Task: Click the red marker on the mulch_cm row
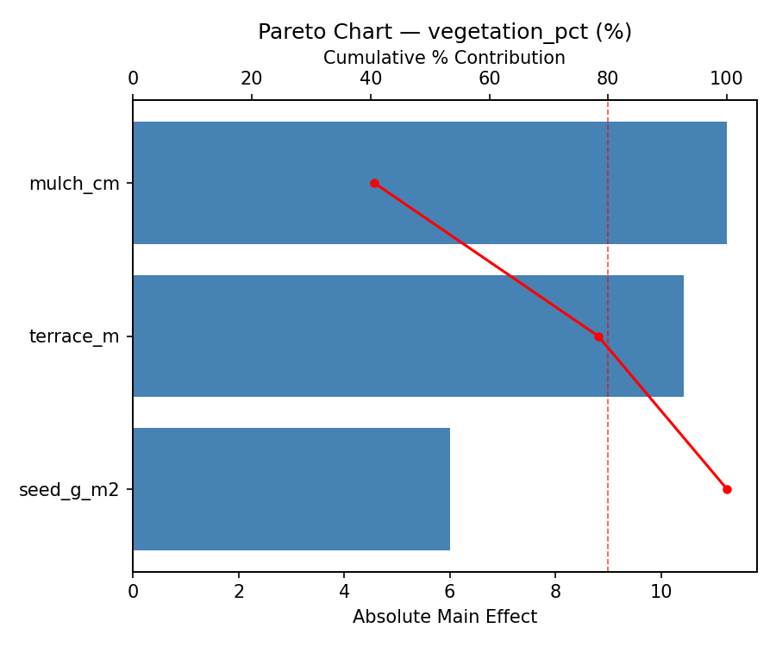pos(374,183)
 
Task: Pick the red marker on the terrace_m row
pos(598,336)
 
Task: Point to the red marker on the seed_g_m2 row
pos(727,489)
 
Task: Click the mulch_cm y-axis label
pos(74,184)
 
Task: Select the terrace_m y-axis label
pos(74,336)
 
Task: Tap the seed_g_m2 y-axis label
pos(69,490)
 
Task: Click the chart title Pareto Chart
pos(445,32)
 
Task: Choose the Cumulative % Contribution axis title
pos(445,58)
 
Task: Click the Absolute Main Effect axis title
pos(445,617)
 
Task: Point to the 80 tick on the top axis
pos(608,79)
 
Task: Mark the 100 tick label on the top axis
pos(727,79)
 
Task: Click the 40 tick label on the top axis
pos(371,79)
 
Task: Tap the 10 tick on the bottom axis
pos(660,593)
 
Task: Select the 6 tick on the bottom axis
pos(450,593)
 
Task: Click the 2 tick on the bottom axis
pos(239,593)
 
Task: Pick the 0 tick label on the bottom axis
pos(133,593)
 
